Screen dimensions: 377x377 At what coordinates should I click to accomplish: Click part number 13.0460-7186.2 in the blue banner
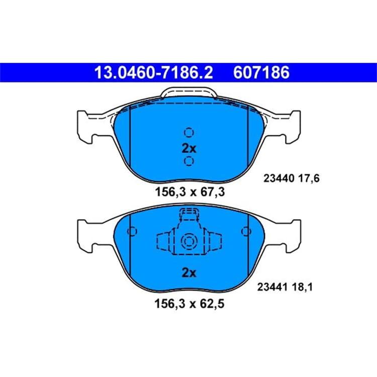153,72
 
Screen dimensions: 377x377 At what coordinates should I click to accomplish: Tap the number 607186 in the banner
261,72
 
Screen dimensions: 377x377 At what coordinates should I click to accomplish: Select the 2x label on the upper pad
189,149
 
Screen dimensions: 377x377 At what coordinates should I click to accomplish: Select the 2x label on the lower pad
189,272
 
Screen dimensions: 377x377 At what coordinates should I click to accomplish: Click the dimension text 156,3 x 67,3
190,192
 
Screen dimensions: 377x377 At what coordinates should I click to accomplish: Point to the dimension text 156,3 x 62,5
190,304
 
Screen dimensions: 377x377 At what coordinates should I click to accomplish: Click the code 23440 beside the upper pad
279,178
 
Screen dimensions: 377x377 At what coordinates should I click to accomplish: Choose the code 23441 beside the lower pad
272,287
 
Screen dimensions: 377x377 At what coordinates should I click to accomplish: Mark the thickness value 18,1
303,288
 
